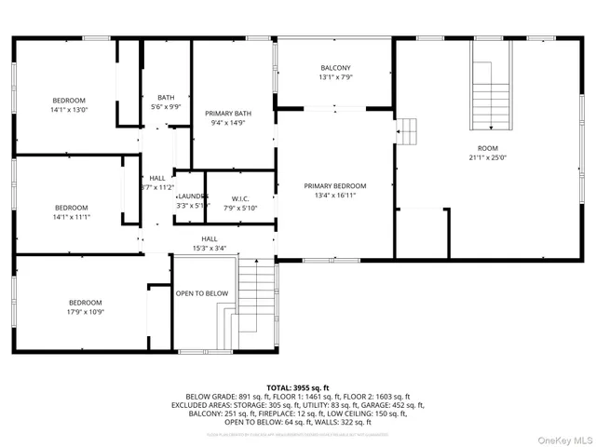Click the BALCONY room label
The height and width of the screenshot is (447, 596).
click(335, 68)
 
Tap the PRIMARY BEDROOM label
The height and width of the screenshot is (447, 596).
click(335, 185)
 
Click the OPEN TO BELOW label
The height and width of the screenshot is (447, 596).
click(202, 293)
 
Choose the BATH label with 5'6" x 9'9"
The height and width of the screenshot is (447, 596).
click(165, 98)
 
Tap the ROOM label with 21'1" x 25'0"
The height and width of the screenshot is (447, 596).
click(487, 148)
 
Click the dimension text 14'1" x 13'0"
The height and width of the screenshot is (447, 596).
click(70, 110)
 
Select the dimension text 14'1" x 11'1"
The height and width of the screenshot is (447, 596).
click(71, 217)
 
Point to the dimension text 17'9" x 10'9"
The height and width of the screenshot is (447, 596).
click(85, 312)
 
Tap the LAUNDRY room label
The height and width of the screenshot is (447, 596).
click(192, 196)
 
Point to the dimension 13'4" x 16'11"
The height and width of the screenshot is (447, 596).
click(335, 195)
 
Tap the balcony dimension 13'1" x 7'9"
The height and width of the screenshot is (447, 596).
click(335, 77)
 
